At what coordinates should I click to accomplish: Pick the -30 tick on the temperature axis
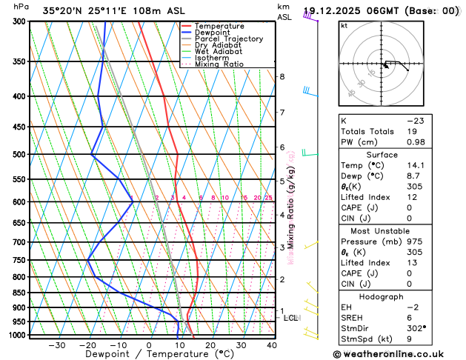[56, 345]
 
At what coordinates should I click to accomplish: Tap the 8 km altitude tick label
[282, 77]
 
